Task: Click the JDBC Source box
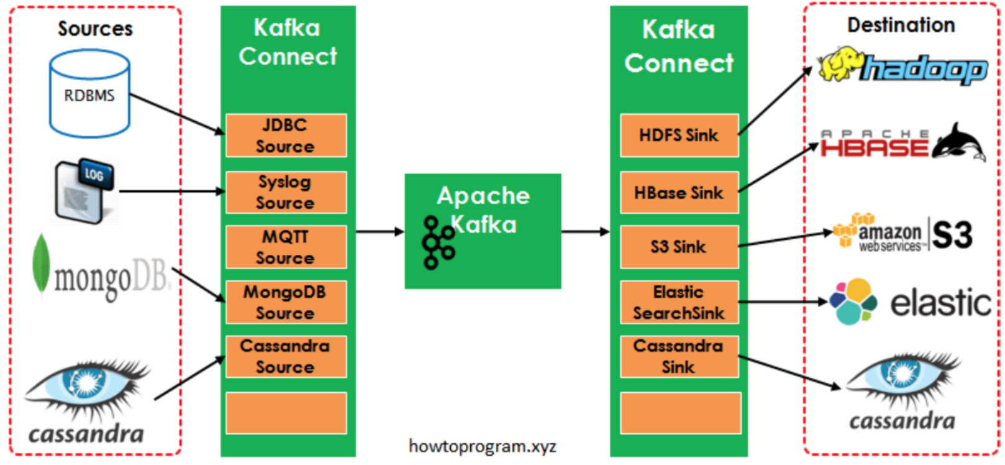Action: tap(286, 136)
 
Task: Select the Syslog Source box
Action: tap(286, 192)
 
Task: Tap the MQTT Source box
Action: tap(286, 247)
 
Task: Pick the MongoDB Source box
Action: tap(286, 302)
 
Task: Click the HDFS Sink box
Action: tap(679, 136)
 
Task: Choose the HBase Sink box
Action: tap(679, 193)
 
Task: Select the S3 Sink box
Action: tap(679, 247)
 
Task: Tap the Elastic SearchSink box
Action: tap(679, 302)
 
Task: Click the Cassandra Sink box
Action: tap(679, 356)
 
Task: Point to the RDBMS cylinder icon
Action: tap(89, 94)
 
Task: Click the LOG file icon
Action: tap(84, 190)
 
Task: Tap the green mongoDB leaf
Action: tap(41, 264)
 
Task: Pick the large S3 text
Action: tap(952, 235)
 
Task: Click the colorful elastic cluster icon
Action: tap(854, 302)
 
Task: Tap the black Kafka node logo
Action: tap(438, 242)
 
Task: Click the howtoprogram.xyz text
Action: tap(482, 446)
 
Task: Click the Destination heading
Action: tap(901, 25)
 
